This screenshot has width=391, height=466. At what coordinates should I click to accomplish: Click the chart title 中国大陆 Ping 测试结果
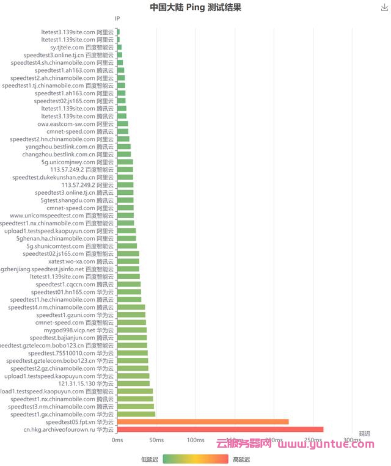[x=195, y=7]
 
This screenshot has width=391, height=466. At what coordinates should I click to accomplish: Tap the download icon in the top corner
[x=384, y=7]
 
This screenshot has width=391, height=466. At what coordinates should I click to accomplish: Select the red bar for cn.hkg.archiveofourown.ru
[x=220, y=429]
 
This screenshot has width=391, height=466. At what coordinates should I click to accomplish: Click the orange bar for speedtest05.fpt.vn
[x=202, y=422]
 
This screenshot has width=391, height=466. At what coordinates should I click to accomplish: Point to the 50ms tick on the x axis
[x=156, y=440]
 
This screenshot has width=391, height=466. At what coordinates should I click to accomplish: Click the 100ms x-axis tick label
[x=195, y=440]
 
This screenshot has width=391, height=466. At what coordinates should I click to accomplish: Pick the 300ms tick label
[x=352, y=440]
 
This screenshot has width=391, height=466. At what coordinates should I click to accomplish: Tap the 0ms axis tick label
[x=117, y=440]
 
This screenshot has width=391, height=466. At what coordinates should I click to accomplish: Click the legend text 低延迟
[x=149, y=459]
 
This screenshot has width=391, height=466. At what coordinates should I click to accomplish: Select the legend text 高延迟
[x=241, y=459]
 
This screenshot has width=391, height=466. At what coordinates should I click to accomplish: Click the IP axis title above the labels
[x=117, y=19]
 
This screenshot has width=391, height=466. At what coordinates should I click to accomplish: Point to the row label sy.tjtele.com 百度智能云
[x=82, y=47]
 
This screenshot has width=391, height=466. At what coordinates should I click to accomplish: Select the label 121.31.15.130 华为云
[x=86, y=384]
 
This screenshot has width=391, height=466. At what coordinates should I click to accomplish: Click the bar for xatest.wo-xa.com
[x=128, y=261]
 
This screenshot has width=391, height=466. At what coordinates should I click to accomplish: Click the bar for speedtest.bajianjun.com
[x=132, y=338]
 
